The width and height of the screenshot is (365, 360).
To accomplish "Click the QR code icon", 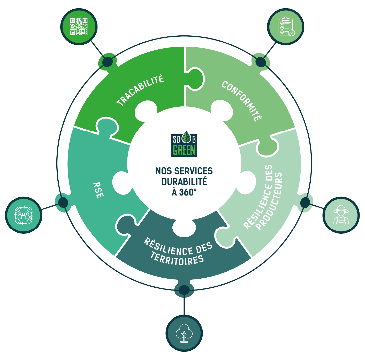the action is (79, 27).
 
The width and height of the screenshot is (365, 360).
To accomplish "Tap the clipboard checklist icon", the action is (287, 27).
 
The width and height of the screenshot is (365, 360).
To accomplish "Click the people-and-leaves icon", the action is (24, 215).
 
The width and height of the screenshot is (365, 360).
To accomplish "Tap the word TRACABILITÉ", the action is (140, 90).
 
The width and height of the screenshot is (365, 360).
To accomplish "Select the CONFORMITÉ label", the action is (242, 101).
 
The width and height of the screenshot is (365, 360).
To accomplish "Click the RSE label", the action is (98, 190).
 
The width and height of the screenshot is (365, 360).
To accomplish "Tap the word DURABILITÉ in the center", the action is (184, 182).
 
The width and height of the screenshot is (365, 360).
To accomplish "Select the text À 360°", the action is (184, 192).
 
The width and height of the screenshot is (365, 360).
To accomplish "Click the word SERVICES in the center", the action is (193, 171).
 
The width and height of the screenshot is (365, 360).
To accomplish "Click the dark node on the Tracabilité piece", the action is (107, 62).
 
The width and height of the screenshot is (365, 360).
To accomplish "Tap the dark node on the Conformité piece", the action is (261, 62).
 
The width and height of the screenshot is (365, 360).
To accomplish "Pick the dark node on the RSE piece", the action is (63, 202).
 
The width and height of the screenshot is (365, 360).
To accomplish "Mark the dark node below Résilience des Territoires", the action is (184, 290).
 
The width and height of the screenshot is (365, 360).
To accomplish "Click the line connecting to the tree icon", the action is (184, 305).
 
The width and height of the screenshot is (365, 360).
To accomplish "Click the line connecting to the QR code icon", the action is (98, 49).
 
